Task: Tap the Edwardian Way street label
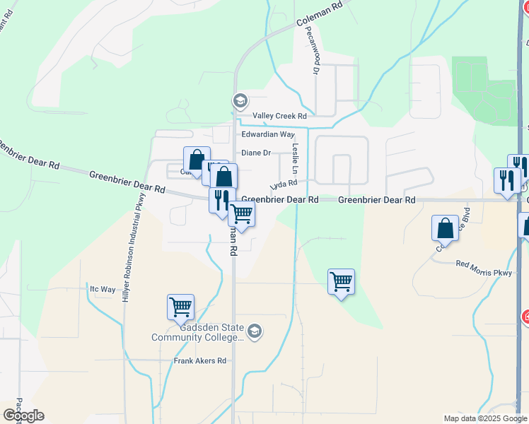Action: pos(267,134)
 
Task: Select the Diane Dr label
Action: pos(256,153)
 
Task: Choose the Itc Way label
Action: pos(103,289)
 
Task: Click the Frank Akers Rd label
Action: pos(200,360)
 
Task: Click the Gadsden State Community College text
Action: pos(197,332)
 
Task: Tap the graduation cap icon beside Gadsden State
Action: pos(255,331)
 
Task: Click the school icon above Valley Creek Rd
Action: pos(240,100)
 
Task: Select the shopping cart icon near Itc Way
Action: pos(180,307)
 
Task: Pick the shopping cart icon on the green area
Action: pos(341,281)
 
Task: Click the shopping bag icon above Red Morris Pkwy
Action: pos(445,228)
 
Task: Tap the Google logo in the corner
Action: pos(23,416)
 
